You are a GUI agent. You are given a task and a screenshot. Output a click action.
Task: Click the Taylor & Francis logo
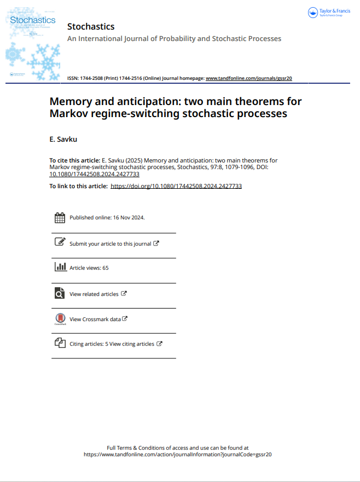[x=329, y=12]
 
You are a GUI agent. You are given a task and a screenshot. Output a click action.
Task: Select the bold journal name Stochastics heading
[x=91, y=26]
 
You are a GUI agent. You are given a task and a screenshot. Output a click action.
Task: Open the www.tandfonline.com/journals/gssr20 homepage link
[x=248, y=78]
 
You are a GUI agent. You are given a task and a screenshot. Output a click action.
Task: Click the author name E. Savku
[x=63, y=140]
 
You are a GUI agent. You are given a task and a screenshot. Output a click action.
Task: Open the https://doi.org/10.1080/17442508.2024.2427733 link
[x=176, y=186]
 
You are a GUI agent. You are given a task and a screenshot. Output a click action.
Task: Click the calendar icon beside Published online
[x=60, y=218]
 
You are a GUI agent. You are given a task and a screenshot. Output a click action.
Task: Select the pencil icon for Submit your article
[x=60, y=242]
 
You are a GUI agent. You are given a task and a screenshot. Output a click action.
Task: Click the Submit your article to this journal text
[x=110, y=243]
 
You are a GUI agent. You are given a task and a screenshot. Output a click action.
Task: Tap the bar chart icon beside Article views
[x=60, y=267]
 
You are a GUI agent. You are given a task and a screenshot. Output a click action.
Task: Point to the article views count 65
[x=106, y=268]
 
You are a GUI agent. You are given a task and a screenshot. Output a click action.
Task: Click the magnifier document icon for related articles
[x=60, y=293]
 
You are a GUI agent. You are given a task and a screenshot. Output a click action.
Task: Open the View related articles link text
[x=94, y=294]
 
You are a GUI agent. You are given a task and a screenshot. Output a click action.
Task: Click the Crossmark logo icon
[x=60, y=319]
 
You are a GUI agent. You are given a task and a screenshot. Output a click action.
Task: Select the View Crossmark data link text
[x=95, y=320]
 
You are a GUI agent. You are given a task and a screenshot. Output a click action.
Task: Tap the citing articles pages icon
[x=60, y=343]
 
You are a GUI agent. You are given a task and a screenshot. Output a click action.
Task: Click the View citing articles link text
[x=132, y=344]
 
